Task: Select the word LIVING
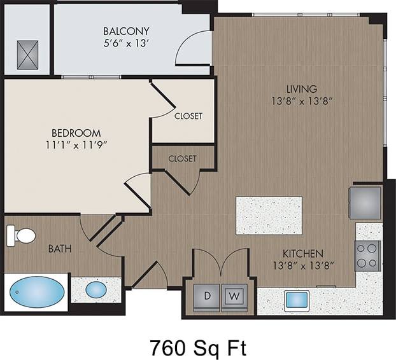pyautogui.click(x=301, y=88)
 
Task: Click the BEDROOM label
pyautogui.click(x=76, y=133)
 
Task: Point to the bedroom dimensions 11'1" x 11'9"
pyautogui.click(x=76, y=145)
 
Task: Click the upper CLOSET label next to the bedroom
pyautogui.click(x=188, y=116)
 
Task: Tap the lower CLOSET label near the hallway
pyautogui.click(x=182, y=158)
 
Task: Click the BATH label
pyautogui.click(x=60, y=249)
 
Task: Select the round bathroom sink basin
pyautogui.click(x=96, y=290)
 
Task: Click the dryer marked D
pyautogui.click(x=207, y=295)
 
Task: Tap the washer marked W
pyautogui.click(x=233, y=295)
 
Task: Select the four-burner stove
pyautogui.click(x=368, y=256)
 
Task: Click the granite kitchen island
pyautogui.click(x=269, y=216)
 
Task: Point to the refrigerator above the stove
pyautogui.click(x=365, y=203)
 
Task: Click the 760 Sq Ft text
pyautogui.click(x=197, y=347)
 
